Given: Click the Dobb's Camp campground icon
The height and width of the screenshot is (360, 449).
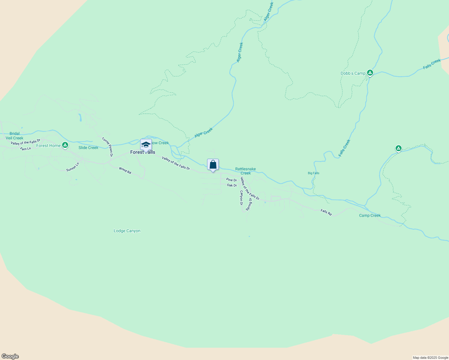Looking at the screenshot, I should pos(370,73).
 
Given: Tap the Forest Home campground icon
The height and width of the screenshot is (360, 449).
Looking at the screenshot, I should pos(65,145).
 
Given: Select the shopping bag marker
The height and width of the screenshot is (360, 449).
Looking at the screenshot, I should pos(213,165).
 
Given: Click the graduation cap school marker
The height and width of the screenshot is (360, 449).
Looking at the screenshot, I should pos(146,145).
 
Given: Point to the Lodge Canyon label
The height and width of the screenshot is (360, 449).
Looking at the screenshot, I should pos(127,231).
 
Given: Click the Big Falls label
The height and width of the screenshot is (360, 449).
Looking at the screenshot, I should pos(313,173).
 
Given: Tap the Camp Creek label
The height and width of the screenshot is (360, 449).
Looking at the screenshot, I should pos(370,215).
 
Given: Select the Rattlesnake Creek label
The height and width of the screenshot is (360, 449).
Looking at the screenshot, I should pos(246,171).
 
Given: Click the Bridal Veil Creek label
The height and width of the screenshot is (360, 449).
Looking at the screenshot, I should pos(14,136).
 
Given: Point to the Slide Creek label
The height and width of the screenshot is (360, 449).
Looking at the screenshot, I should pos(88,148).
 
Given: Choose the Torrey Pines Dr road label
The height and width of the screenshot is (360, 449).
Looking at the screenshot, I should pos(107,147).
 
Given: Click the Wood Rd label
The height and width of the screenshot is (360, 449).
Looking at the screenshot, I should pos(125,170).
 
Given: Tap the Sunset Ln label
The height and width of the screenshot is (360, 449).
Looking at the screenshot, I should pos(73,167).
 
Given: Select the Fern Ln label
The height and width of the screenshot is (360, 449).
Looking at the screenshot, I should pos(26,148).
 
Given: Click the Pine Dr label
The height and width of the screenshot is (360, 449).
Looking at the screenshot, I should pos(231,180).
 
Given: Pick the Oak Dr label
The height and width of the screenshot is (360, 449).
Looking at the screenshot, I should pos(232,185).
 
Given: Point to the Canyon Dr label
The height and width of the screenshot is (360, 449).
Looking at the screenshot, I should pos(241,198).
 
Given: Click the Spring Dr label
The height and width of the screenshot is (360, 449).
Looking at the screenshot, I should pos(249,204).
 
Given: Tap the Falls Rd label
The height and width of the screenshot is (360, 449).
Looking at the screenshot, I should pos(326,212).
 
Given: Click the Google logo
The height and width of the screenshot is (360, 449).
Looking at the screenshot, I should pos(10,356).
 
